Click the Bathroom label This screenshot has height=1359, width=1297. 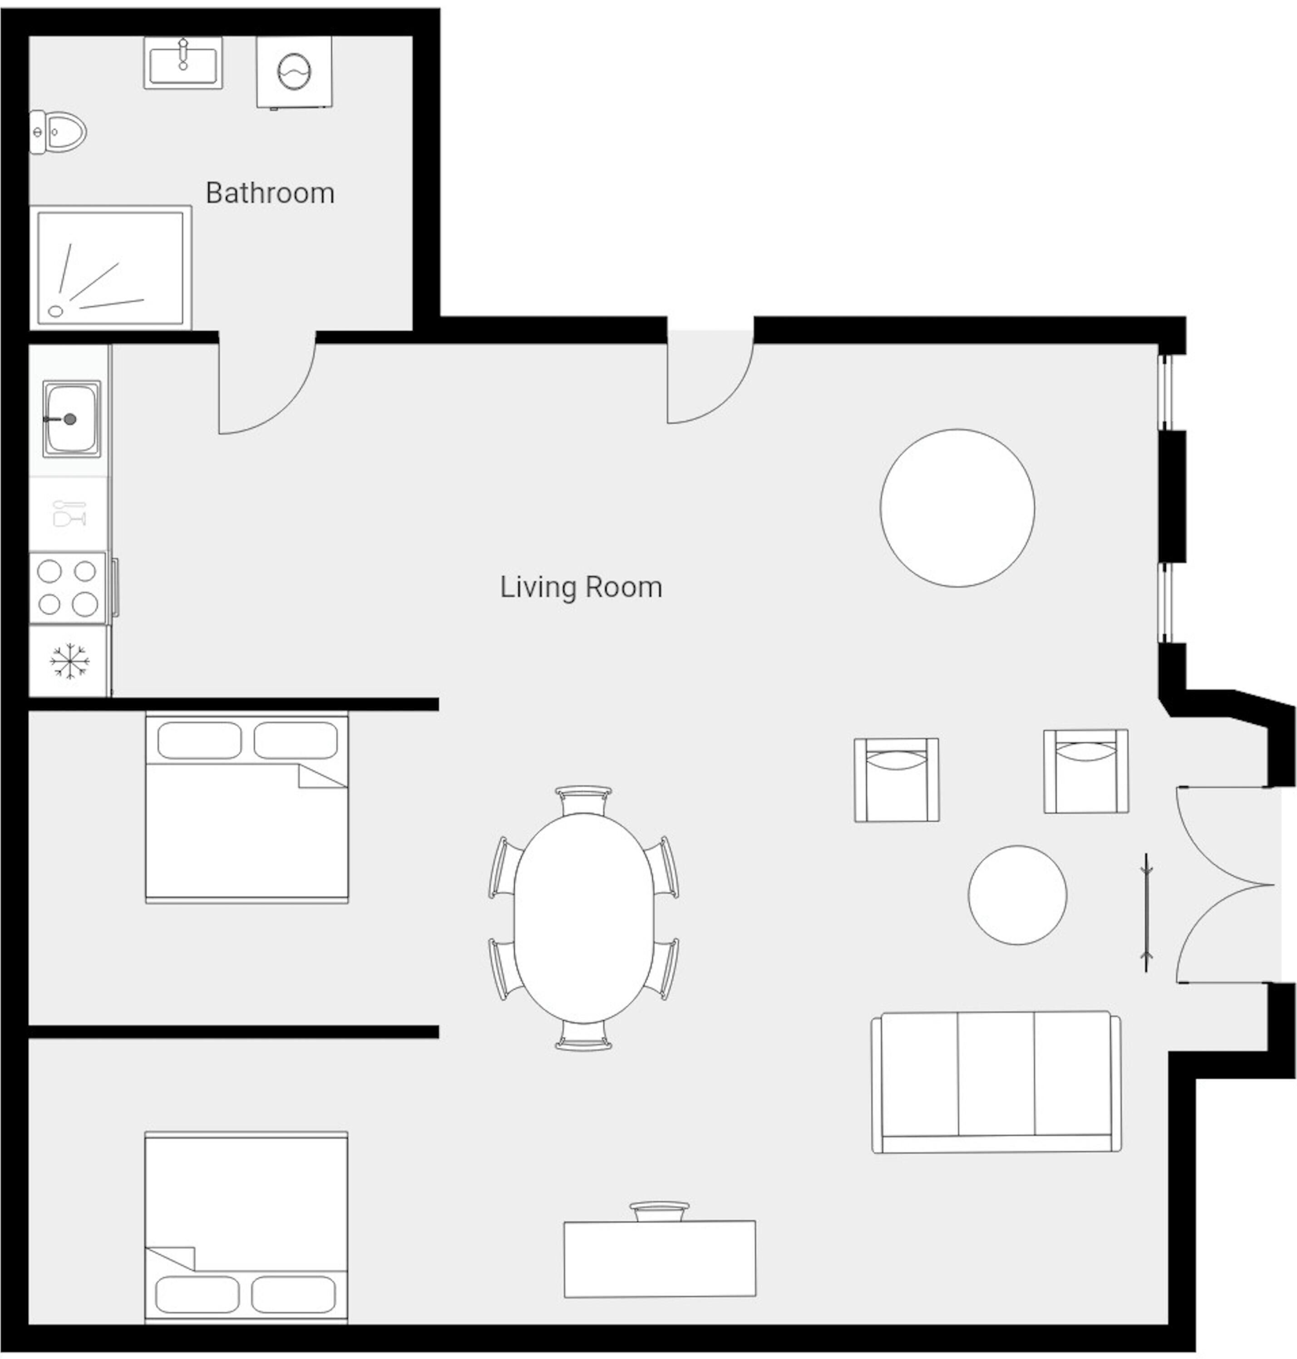270,193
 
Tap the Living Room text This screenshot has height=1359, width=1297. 581,587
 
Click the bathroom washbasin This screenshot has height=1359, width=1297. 183,63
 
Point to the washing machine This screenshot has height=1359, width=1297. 294,72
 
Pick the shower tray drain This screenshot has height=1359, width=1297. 56,311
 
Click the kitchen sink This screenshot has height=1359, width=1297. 71,419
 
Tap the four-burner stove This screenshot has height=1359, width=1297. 68,588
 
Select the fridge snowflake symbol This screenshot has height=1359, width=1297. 69,661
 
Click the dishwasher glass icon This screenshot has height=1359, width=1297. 69,513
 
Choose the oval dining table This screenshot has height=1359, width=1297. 583,918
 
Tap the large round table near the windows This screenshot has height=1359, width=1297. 957,508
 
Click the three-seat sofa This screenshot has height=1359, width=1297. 996,1082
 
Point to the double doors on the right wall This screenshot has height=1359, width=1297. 1225,884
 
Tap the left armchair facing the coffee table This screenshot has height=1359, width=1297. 896,780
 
